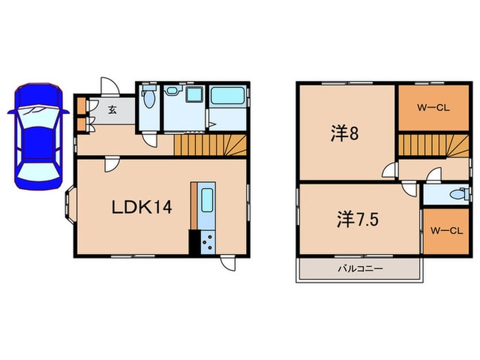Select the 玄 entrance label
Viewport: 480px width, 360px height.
pos(112,108)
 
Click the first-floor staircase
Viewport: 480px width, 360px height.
pos(209,145)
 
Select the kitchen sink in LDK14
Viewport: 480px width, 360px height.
pos(206,202)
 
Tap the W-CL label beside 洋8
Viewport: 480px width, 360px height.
pos(433,107)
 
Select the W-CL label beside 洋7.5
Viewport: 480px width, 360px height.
pos(444,231)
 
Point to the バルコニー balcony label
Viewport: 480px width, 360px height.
pos(359,268)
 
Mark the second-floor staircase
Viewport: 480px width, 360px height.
pos(431,145)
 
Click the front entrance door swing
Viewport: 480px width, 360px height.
pos(110,86)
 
